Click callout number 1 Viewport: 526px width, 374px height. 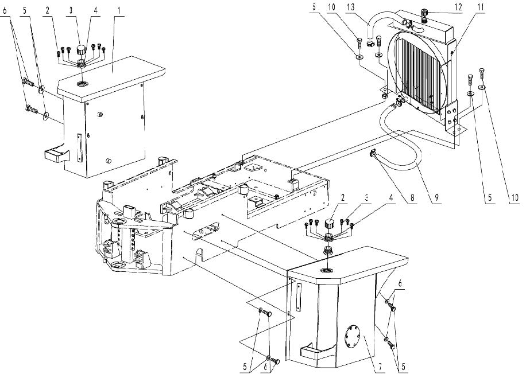click(x=118, y=10)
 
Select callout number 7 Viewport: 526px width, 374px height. click(x=380, y=367)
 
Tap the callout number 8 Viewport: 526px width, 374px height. click(x=412, y=198)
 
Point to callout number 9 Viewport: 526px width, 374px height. click(x=436, y=198)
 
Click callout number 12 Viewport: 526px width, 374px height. click(x=458, y=7)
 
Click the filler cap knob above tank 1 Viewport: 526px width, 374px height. click(x=81, y=51)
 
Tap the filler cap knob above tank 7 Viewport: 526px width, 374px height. click(x=328, y=224)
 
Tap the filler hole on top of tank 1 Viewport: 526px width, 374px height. click(x=82, y=83)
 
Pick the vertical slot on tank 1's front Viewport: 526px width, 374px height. click(x=79, y=148)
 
